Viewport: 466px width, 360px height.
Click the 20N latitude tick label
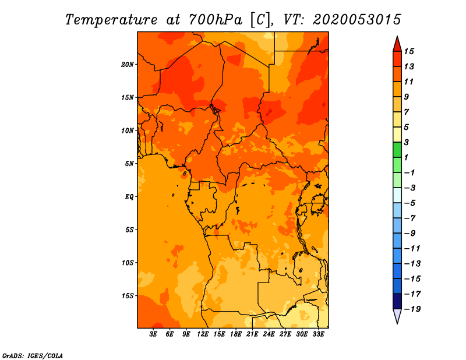pyautogui.click(x=128, y=65)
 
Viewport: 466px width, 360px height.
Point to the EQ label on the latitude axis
pyautogui.click(x=129, y=197)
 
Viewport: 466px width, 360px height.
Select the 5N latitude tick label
pyautogui.click(x=129, y=164)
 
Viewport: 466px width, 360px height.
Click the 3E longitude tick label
pyautogui.click(x=153, y=334)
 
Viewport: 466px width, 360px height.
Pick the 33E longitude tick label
pyautogui.click(x=318, y=334)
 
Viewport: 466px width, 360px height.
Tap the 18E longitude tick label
pyautogui.click(x=236, y=334)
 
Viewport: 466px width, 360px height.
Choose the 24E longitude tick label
pyautogui.click(x=269, y=334)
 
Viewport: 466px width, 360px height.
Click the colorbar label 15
pyautogui.click(x=409, y=51)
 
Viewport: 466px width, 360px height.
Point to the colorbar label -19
pyautogui.click(x=413, y=309)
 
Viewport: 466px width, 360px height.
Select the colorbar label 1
pyautogui.click(x=406, y=157)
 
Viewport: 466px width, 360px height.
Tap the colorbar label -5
pyautogui.click(x=410, y=203)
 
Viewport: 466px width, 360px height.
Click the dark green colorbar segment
pyautogui.click(x=397, y=150)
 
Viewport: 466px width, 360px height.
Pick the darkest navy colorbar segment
pyautogui.click(x=397, y=301)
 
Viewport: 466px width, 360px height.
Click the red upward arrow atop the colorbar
pyautogui.click(x=397, y=44)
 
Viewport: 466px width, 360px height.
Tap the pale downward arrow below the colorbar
pyautogui.click(x=397, y=316)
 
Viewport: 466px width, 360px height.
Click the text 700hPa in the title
pyautogui.click(x=216, y=20)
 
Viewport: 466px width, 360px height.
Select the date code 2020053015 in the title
pyautogui.click(x=357, y=20)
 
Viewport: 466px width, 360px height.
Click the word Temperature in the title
pyautogui.click(x=111, y=20)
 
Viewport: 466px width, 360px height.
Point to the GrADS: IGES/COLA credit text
pyautogui.click(x=33, y=356)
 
